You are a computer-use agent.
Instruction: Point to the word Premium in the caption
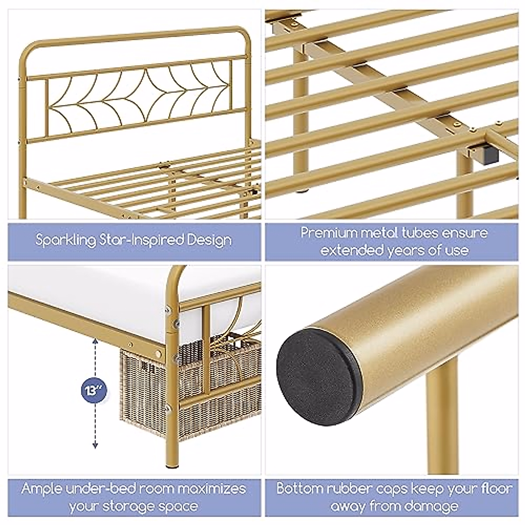coord(328,233)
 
